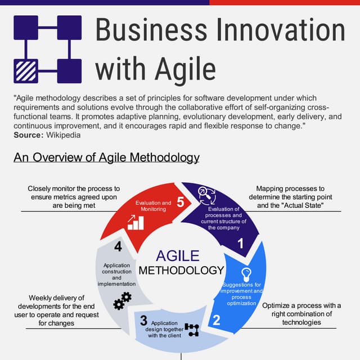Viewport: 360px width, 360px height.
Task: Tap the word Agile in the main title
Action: point(179,69)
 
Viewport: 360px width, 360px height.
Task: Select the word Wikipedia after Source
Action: point(63,135)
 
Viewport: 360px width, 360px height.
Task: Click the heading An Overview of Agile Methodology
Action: point(106,157)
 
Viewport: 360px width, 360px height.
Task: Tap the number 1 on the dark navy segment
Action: point(241,244)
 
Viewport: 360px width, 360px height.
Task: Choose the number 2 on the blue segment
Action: point(215,321)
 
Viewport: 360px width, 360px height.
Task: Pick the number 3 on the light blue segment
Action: point(143,321)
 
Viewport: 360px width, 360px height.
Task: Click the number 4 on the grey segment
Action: point(118,246)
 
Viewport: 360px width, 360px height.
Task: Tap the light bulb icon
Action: point(246,274)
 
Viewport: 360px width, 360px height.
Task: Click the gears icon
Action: point(122,301)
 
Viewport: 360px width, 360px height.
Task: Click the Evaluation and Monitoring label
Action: point(154,206)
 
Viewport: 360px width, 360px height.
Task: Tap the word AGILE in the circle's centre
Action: point(178,256)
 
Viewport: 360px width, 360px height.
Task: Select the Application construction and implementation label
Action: point(117,274)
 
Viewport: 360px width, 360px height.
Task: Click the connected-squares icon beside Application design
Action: point(192,330)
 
